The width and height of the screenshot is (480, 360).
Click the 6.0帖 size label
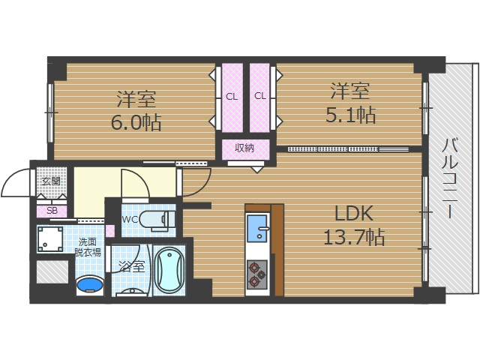[136, 122]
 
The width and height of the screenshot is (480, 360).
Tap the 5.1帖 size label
[350, 115]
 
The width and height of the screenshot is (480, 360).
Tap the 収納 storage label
[244, 148]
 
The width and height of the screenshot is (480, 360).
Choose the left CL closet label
[231, 96]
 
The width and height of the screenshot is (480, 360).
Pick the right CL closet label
[260, 96]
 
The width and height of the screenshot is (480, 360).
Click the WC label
[130, 220]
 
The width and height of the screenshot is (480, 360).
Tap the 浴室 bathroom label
[130, 265]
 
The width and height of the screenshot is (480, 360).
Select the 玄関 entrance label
[50, 181]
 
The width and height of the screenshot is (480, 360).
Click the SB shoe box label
[52, 211]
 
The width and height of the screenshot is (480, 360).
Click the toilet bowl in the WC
[160, 219]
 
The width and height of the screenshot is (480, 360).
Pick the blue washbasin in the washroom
[90, 285]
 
